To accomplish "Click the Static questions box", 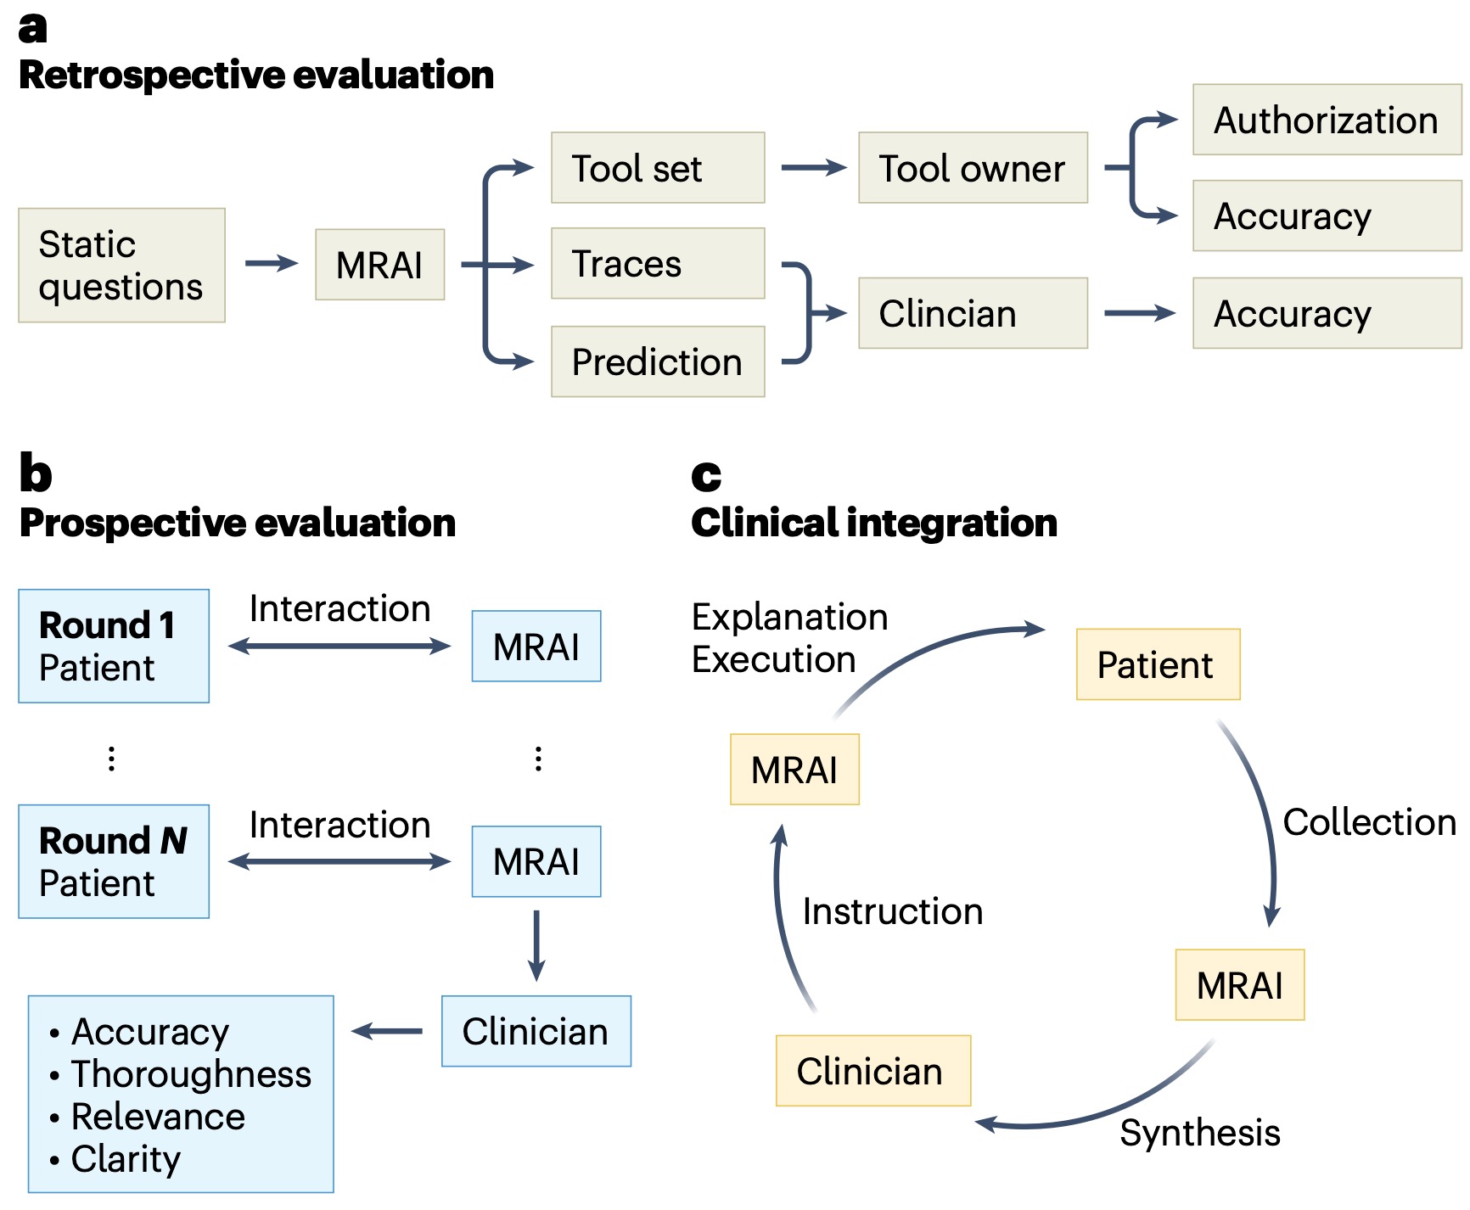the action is (121, 266).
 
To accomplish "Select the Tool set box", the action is (658, 168).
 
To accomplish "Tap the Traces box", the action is (658, 264).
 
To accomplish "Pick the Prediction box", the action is (658, 361).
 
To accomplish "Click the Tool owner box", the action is (973, 168).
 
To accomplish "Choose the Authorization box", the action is (1327, 120).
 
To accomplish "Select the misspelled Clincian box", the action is (973, 313).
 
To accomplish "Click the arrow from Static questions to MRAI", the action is (272, 264).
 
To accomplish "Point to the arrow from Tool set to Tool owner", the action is (814, 168).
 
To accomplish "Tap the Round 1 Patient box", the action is (114, 647).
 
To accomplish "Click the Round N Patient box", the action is (114, 861).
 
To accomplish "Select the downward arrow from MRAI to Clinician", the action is (536, 946).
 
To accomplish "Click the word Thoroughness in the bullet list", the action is (192, 1074).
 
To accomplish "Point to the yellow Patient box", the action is (1158, 664).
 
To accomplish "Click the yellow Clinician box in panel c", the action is (872, 1071).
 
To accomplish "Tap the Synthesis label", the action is (1200, 1134).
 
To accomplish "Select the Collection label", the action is (1370, 822).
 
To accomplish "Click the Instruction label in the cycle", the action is (893, 911).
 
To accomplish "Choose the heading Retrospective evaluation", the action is (256, 75).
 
